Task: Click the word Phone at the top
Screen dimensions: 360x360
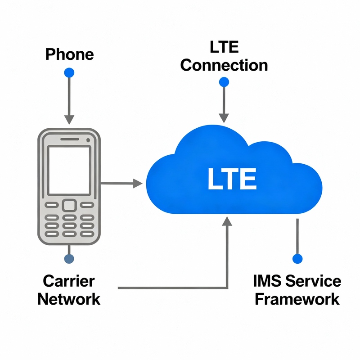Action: click(x=69, y=54)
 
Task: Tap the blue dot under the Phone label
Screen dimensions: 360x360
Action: click(x=69, y=72)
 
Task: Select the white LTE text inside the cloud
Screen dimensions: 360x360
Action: click(x=232, y=179)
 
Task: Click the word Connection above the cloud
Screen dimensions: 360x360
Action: click(x=224, y=65)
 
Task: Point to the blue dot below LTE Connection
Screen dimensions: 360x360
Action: click(x=224, y=82)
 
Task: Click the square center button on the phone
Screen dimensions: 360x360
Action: click(x=69, y=205)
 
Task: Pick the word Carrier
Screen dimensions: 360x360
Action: click(x=69, y=281)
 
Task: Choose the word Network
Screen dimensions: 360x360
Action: click(x=69, y=299)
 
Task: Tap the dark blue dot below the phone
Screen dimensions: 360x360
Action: click(x=69, y=259)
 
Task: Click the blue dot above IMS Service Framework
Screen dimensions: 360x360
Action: click(x=297, y=259)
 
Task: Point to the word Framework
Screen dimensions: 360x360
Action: click(x=297, y=299)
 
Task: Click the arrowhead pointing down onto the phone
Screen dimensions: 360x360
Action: click(x=69, y=119)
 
